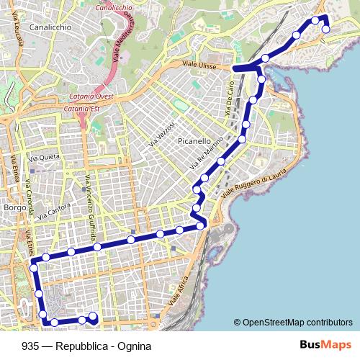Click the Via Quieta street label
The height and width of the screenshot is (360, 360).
tap(43, 156)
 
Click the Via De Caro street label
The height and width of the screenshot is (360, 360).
tap(231, 104)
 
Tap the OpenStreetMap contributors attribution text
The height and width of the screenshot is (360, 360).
tap(297, 322)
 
